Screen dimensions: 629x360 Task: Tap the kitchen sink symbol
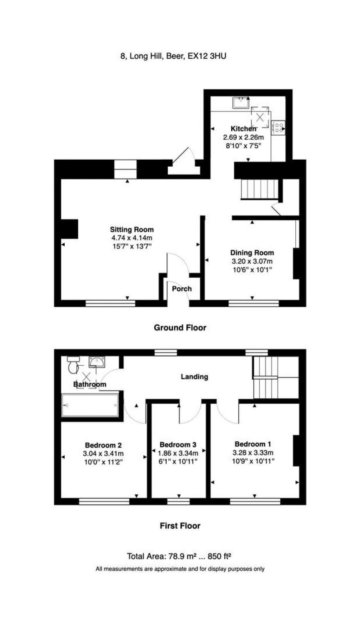241,103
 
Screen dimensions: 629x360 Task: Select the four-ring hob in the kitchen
278,127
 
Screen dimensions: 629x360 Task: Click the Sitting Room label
132,230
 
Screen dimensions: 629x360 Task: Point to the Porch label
182,289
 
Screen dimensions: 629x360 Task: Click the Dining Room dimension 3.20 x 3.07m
252,261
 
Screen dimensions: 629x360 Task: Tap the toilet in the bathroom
73,365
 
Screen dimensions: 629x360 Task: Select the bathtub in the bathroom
90,405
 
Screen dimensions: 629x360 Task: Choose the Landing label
194,377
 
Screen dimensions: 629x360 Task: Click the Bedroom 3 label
178,444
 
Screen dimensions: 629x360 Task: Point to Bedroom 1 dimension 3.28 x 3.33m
253,453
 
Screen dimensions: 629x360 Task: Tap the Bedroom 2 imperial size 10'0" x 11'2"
103,462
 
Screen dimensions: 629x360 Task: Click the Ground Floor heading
180,328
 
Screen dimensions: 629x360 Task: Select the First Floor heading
180,526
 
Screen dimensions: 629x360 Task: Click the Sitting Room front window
110,303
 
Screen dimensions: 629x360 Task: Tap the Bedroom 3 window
179,501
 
